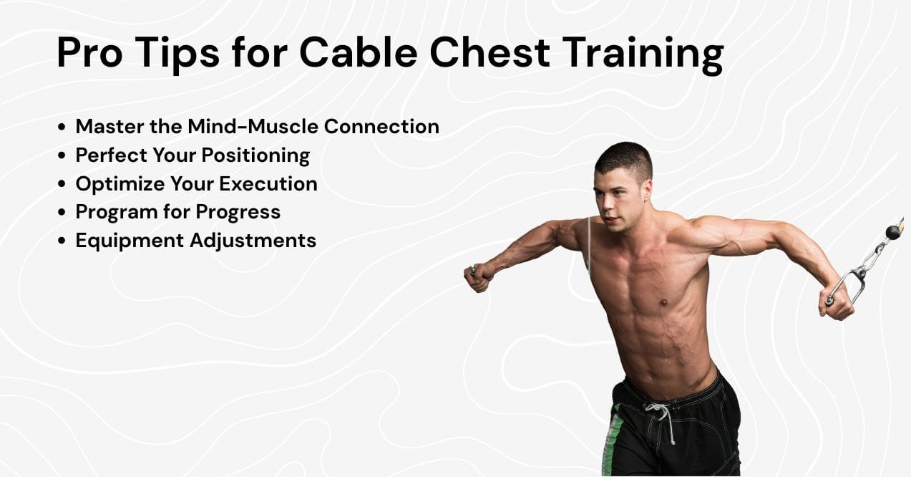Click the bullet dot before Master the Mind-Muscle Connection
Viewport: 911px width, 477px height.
tap(62, 127)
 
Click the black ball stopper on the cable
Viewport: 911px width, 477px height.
tap(892, 232)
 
